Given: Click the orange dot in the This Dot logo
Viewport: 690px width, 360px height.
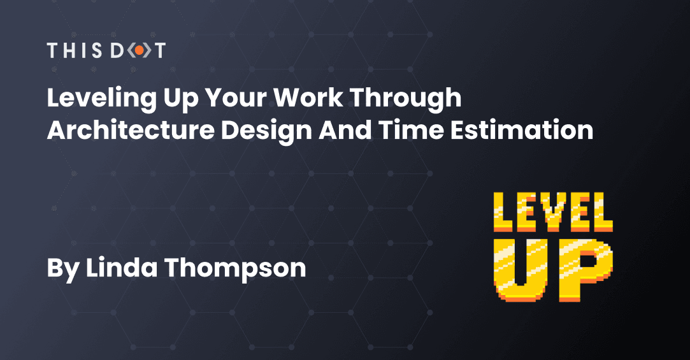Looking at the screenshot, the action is (x=139, y=50).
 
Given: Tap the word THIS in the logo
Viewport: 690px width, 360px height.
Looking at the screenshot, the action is (x=75, y=50).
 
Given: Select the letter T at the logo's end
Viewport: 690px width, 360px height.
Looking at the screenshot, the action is (x=159, y=50).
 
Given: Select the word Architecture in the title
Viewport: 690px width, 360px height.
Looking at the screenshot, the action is (x=131, y=130).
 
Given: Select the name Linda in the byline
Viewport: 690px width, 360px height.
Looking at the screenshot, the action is (x=122, y=267).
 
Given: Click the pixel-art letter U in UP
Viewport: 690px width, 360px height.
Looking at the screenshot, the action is (x=520, y=270).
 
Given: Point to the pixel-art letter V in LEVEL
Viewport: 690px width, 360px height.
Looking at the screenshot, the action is (x=554, y=212).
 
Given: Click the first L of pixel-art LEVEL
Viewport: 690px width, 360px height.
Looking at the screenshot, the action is (x=503, y=212).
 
